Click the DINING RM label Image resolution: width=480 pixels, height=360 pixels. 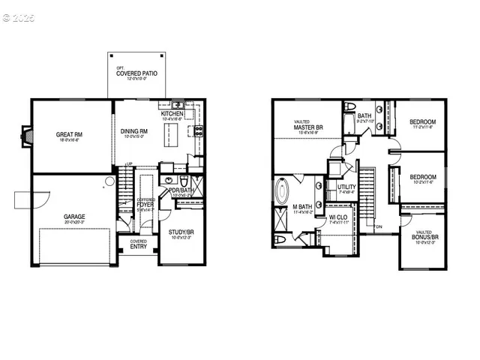click(x=135, y=132)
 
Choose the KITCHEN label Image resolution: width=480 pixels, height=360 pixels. click(x=172, y=114)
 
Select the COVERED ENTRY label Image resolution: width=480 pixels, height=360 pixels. click(x=139, y=244)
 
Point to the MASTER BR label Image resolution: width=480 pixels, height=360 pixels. click(x=309, y=127)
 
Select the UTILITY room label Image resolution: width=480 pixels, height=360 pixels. click(x=346, y=187)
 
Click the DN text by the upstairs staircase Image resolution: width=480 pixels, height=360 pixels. click(x=380, y=227)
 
